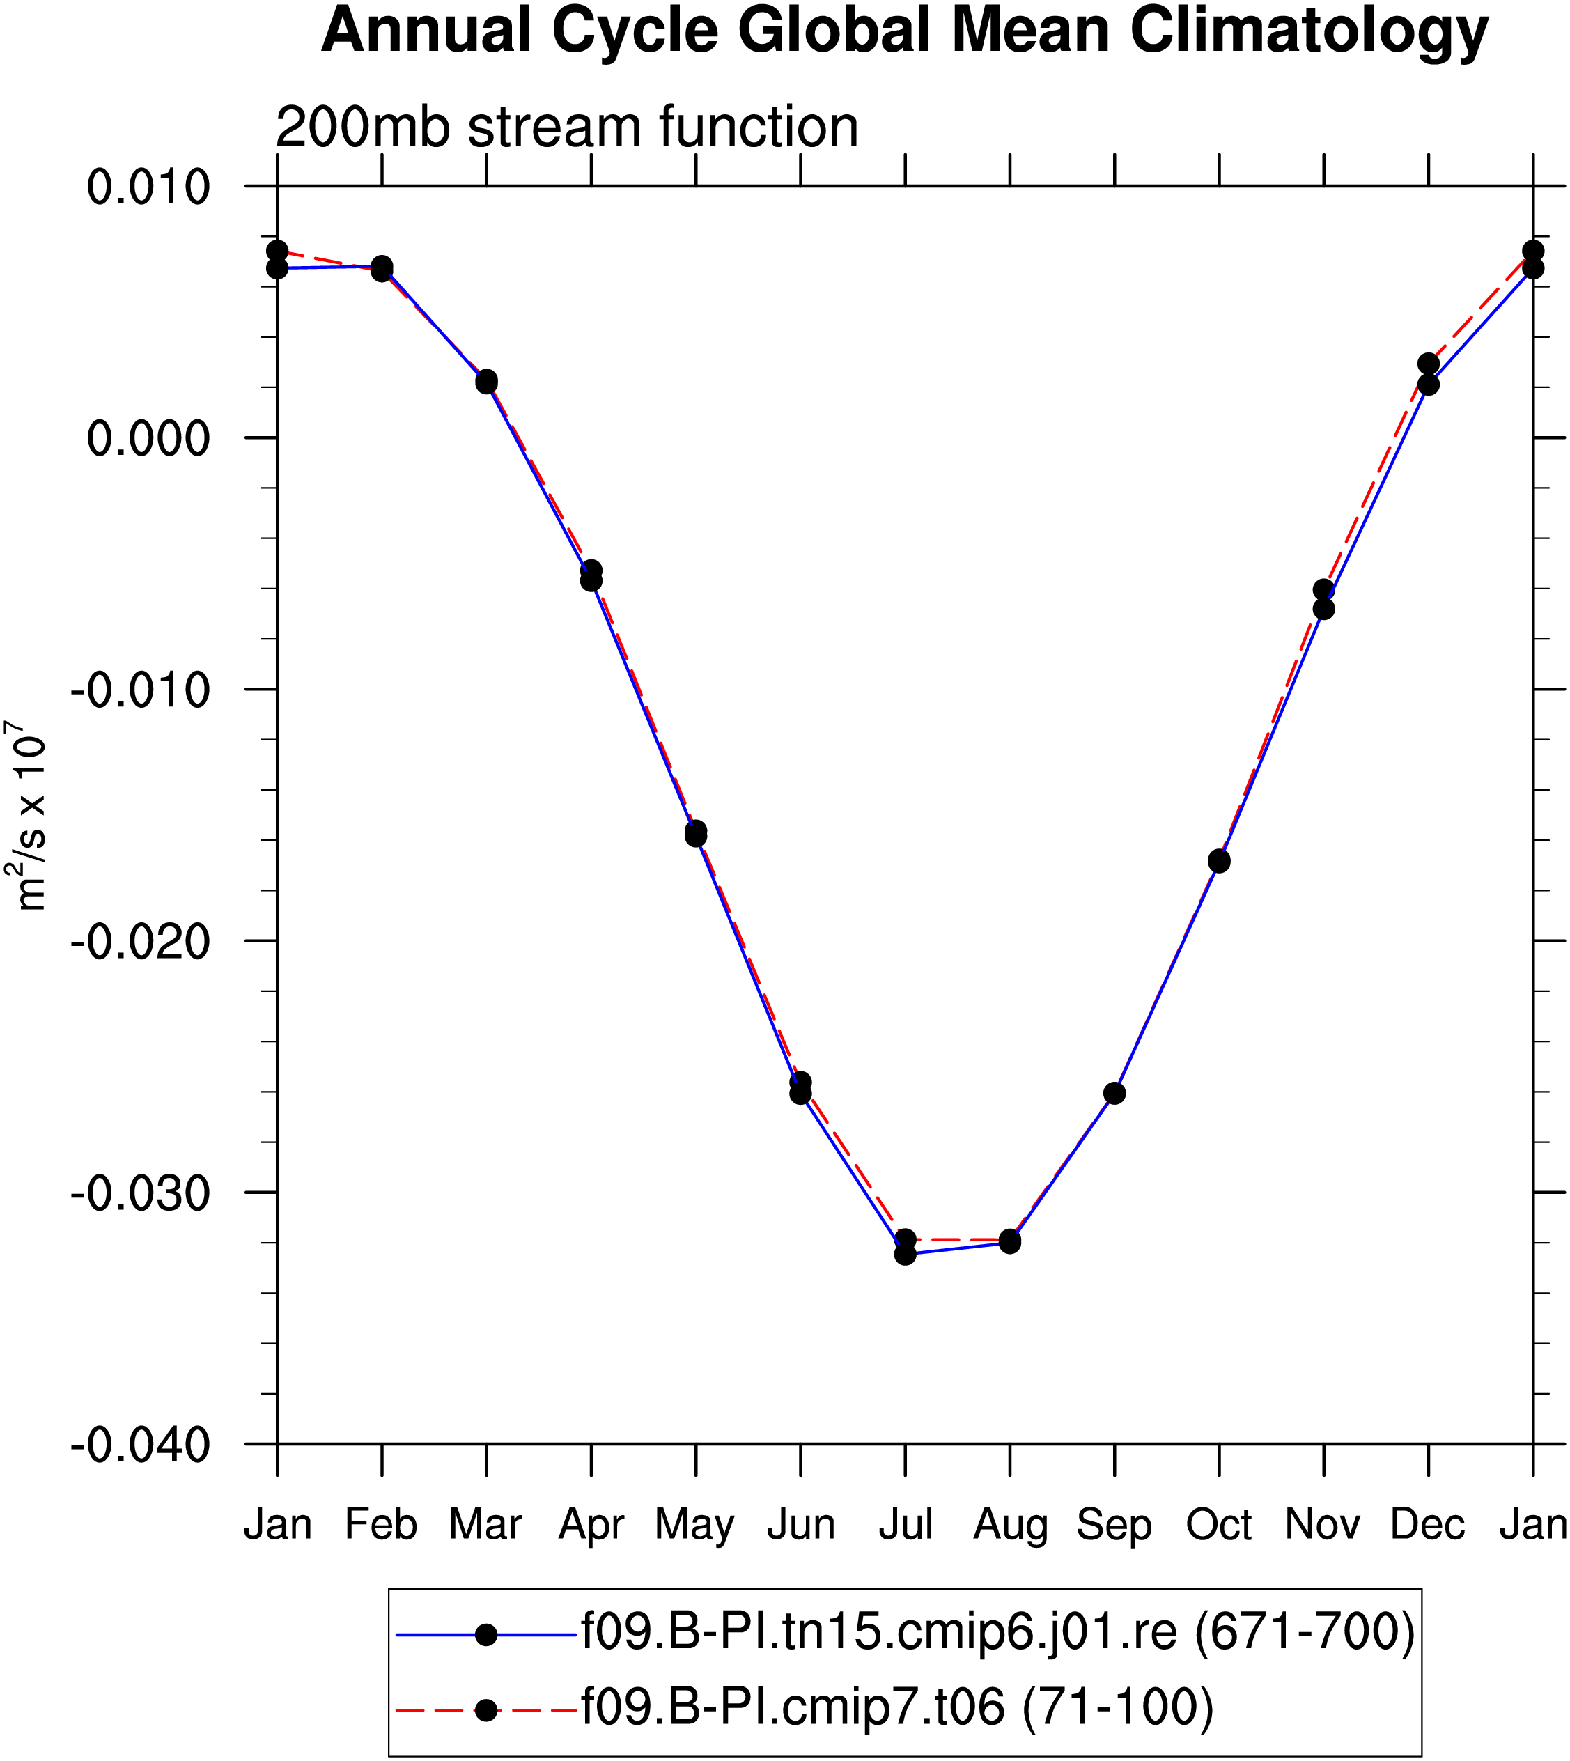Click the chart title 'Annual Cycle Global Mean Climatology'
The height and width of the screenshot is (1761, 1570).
[x=905, y=33]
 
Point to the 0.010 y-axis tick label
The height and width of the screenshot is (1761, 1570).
[x=148, y=187]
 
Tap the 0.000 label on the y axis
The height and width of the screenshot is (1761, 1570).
[x=148, y=438]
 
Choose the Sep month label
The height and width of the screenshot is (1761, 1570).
[x=1114, y=1526]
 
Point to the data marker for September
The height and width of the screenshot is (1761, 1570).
[x=1114, y=1093]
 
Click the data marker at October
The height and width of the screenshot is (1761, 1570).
[x=1219, y=860]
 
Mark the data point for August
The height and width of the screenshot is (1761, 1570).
[x=1010, y=1241]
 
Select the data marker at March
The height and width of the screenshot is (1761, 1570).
[x=486, y=381]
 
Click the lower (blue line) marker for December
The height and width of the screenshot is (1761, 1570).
[x=1429, y=384]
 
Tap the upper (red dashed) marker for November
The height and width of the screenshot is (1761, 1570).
[x=1323, y=590]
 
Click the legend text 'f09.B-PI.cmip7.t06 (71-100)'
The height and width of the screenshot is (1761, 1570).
[x=897, y=1707]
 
